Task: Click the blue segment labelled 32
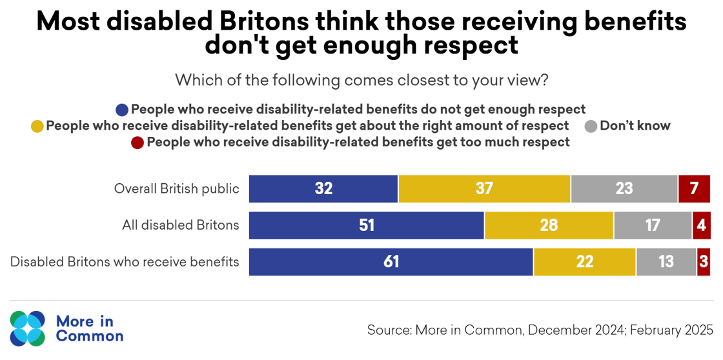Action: click(323, 189)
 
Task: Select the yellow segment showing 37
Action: click(484, 189)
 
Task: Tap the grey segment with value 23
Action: click(624, 189)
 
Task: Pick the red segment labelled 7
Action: click(695, 189)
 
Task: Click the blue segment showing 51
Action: click(366, 226)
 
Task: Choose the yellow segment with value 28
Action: click(549, 226)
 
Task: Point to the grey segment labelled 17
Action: click(653, 226)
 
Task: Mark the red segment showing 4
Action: click(701, 226)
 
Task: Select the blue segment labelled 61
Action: click(391, 262)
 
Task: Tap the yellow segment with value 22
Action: click(584, 262)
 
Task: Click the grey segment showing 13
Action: click(666, 262)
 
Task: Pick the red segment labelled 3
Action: click(703, 262)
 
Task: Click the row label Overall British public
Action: click(176, 189)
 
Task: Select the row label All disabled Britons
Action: click(181, 226)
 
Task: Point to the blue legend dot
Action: click(121, 109)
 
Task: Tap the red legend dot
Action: click(137, 143)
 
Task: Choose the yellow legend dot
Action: click(37, 126)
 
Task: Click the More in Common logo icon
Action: click(28, 328)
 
